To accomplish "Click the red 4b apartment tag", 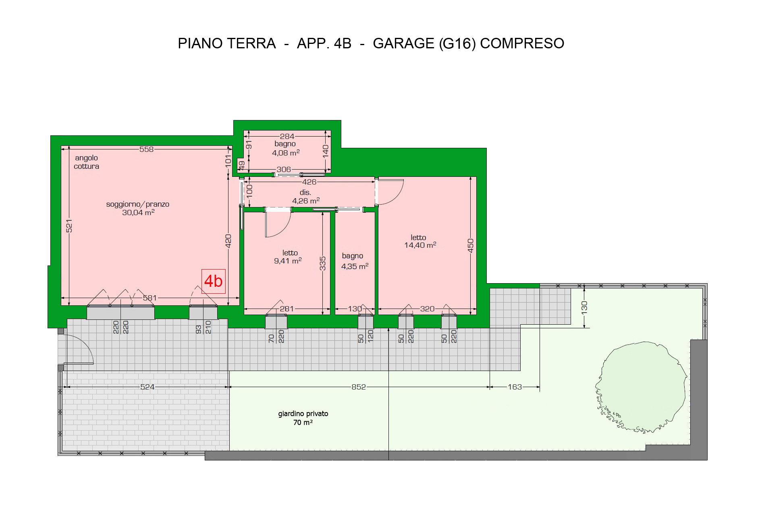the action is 213,281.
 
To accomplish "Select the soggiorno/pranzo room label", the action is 138,204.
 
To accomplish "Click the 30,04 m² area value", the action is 139,212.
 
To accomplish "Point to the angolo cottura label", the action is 86,162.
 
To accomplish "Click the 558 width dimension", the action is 146,149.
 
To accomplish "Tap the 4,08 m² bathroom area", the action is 286,153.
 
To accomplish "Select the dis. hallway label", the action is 305,193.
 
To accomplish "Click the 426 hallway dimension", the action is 309,182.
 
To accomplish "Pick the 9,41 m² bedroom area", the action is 288,261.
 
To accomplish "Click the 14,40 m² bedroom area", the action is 420,245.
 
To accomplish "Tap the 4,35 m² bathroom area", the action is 355,266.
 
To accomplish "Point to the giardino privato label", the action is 303,414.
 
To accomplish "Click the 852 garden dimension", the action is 359,387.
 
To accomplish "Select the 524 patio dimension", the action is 147,387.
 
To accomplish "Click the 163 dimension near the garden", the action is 515,387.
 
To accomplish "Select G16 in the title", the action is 457,43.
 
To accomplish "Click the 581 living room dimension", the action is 150,298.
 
